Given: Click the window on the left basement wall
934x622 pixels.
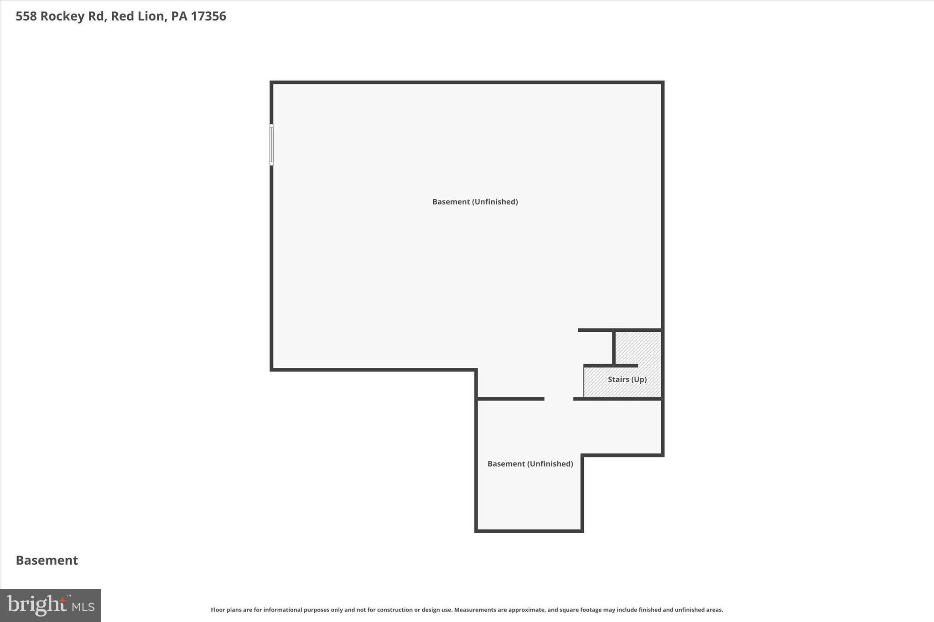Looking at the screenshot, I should [x=271, y=144].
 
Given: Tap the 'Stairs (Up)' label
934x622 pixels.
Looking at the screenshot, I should [x=627, y=379].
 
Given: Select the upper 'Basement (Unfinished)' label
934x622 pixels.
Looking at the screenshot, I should [x=475, y=201].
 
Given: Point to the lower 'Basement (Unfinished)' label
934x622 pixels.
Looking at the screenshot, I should [x=530, y=463].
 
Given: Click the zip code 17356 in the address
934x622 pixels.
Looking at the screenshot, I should [x=208, y=16].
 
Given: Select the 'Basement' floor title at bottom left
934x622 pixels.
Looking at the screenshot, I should [x=47, y=560].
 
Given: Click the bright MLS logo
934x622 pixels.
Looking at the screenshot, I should [x=51, y=605].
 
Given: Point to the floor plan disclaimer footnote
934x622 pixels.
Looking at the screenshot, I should [x=467, y=610].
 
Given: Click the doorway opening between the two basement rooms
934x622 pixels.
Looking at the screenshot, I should [x=559, y=399].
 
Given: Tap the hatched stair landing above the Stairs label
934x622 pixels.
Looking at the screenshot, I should [x=638, y=347].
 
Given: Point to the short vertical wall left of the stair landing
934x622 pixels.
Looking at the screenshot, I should [x=614, y=347].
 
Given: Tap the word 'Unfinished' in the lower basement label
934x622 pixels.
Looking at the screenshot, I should [x=550, y=463].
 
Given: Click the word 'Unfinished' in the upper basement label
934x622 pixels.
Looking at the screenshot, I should [x=495, y=201].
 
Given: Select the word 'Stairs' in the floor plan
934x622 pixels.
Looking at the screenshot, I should [x=618, y=379].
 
